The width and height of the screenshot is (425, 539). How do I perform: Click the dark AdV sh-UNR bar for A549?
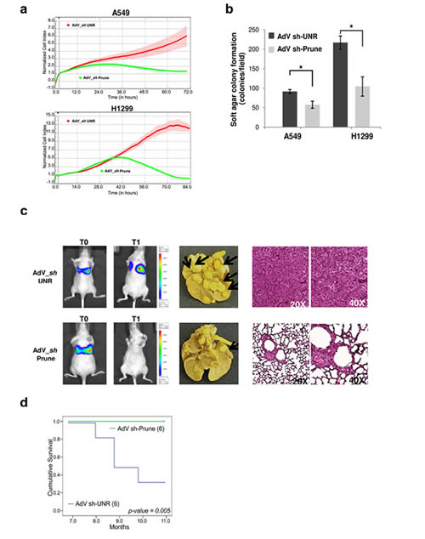289,110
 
